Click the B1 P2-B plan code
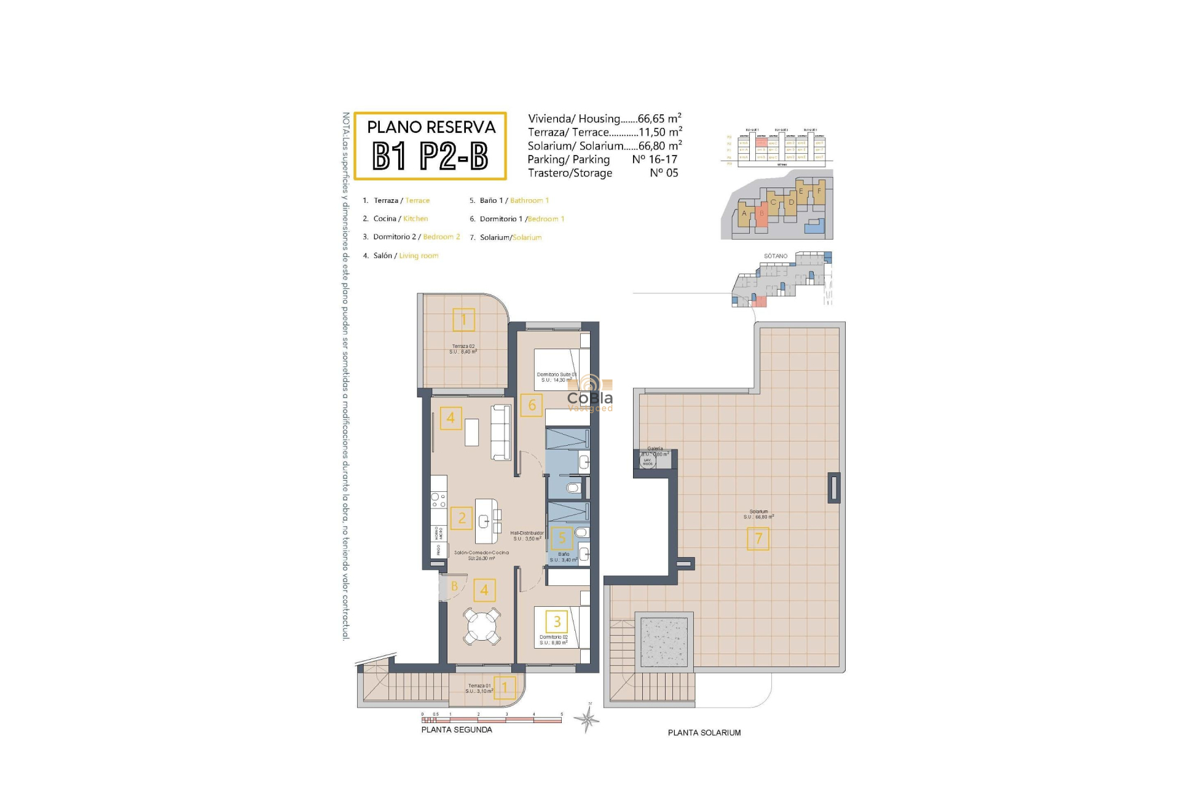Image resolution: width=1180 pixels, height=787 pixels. point(430,156)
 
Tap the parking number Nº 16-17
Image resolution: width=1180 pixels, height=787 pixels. point(655,159)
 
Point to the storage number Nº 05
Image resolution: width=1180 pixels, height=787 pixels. point(664,173)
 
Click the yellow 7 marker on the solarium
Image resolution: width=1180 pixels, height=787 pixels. point(758,539)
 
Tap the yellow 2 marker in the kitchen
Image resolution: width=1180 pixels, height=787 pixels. point(462,518)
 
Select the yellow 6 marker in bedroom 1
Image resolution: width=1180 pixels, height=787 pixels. point(532,405)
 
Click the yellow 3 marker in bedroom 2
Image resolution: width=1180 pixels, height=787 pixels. point(557,622)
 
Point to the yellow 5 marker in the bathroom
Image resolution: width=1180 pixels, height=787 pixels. point(562,539)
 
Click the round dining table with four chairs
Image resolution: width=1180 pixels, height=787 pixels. point(482,627)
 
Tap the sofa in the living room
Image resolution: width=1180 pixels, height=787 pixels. point(501,432)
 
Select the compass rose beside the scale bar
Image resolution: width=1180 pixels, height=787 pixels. point(588,718)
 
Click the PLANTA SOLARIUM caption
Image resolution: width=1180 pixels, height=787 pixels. point(704,733)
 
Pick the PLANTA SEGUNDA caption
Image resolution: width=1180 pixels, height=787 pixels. point(457,730)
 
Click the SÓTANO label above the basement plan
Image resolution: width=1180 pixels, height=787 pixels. point(776,256)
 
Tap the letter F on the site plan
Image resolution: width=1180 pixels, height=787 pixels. point(819,191)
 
